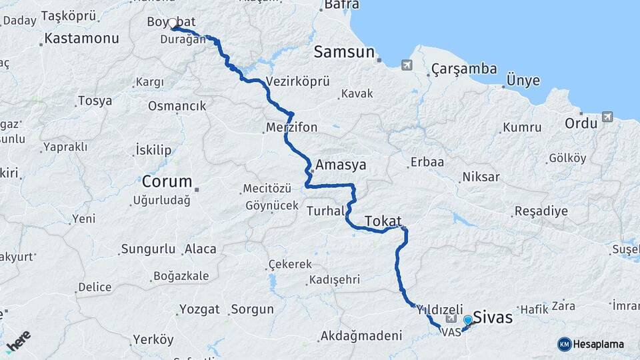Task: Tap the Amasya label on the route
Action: click(x=341, y=165)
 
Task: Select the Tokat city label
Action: click(x=382, y=221)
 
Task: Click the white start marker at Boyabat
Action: click(x=173, y=23)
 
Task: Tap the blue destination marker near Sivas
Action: click(x=468, y=321)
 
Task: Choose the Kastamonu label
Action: click(x=82, y=38)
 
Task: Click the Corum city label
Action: click(x=167, y=181)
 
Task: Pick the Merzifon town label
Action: click(x=291, y=127)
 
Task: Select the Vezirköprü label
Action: click(x=297, y=81)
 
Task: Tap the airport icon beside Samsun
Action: click(x=407, y=65)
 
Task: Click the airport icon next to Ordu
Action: click(x=607, y=117)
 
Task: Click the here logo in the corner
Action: click(x=19, y=341)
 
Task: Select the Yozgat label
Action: click(x=199, y=309)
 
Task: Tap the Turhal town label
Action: click(x=325, y=211)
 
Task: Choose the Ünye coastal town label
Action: click(x=523, y=81)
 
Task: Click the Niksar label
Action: click(x=479, y=178)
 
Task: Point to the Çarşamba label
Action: click(x=464, y=69)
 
